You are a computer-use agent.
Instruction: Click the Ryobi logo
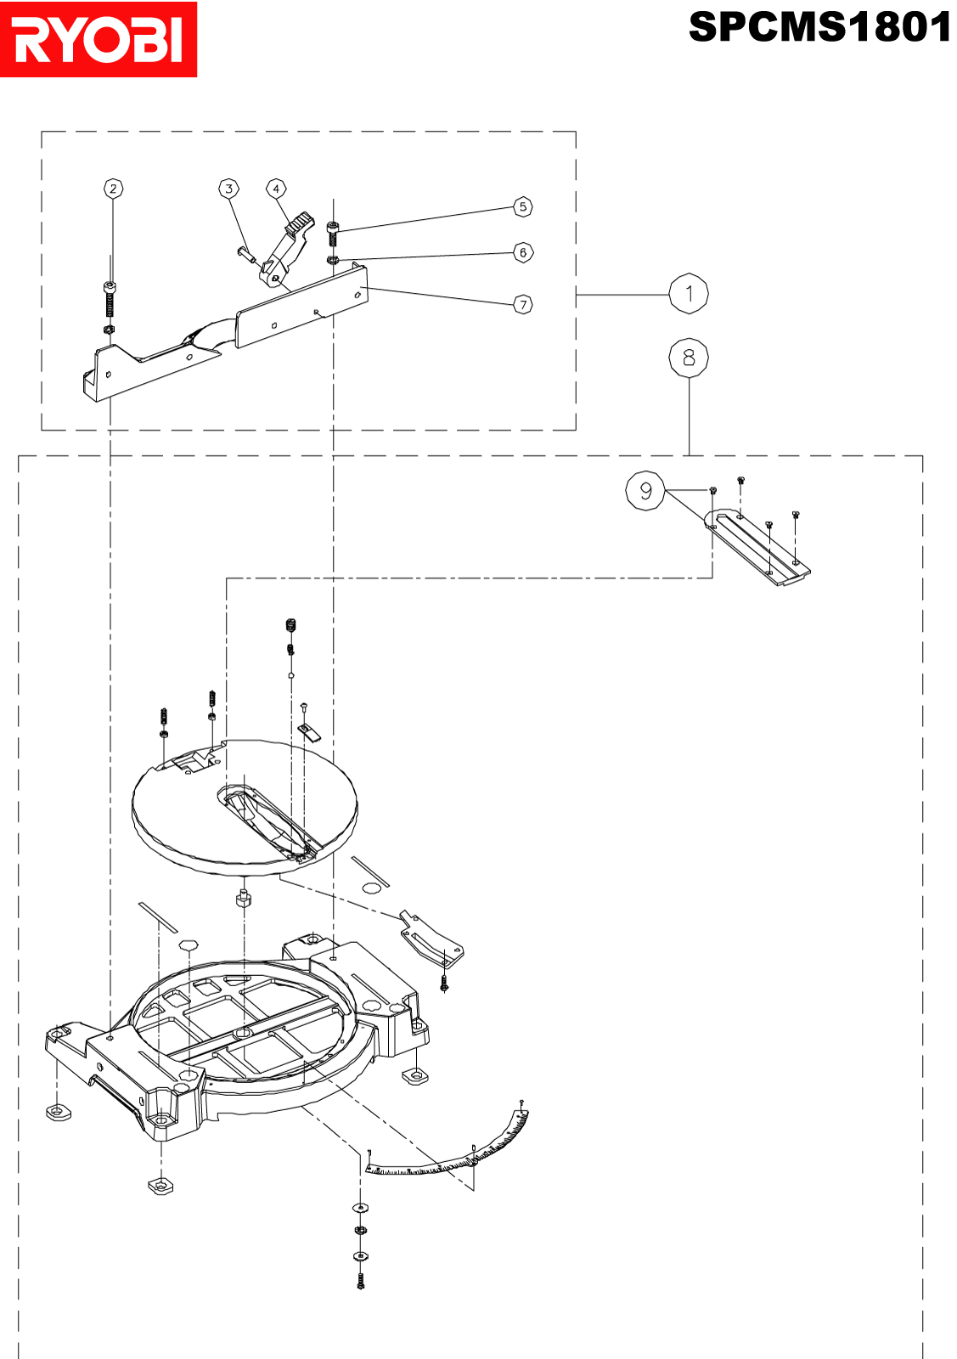click(99, 39)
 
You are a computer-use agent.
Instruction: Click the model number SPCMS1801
click(820, 27)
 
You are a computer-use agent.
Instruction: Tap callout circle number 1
click(689, 294)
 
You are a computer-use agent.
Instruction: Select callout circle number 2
click(114, 189)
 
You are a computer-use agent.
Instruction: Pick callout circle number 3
click(228, 189)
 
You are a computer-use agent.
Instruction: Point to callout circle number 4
click(276, 189)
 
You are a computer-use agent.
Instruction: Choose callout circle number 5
click(523, 207)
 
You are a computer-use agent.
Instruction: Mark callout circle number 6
click(523, 252)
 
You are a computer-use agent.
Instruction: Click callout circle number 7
click(523, 304)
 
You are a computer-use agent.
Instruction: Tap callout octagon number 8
click(689, 358)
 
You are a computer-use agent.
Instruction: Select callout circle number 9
click(645, 490)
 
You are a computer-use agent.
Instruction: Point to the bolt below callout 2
click(110, 299)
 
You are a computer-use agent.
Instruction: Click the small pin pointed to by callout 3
click(245, 252)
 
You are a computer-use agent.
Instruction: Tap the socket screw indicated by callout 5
click(332, 234)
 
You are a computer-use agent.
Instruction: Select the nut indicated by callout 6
click(332, 260)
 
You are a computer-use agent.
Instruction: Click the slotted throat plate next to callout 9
click(757, 547)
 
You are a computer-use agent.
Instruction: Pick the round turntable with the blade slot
click(245, 808)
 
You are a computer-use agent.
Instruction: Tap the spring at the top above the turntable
click(290, 625)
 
